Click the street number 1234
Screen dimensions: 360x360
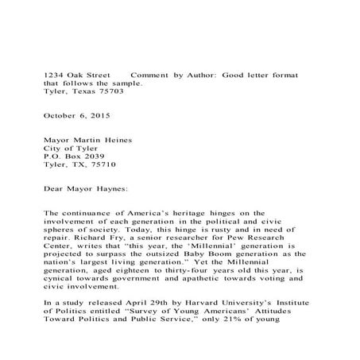(x=53, y=74)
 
